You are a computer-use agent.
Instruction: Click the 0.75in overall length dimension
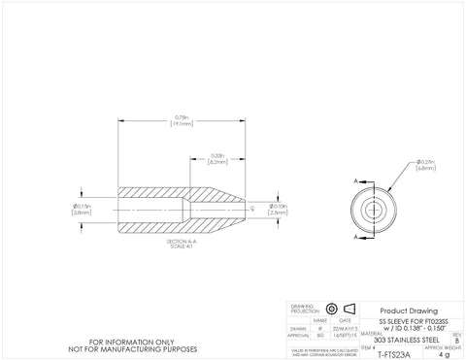[x=182, y=121]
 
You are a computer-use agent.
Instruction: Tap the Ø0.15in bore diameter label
[x=82, y=210]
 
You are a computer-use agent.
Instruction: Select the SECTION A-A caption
[x=182, y=242]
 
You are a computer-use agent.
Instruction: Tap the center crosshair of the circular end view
[x=373, y=208]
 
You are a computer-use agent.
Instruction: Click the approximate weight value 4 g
[x=445, y=354]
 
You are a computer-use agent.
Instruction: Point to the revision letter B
[x=456, y=340]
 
